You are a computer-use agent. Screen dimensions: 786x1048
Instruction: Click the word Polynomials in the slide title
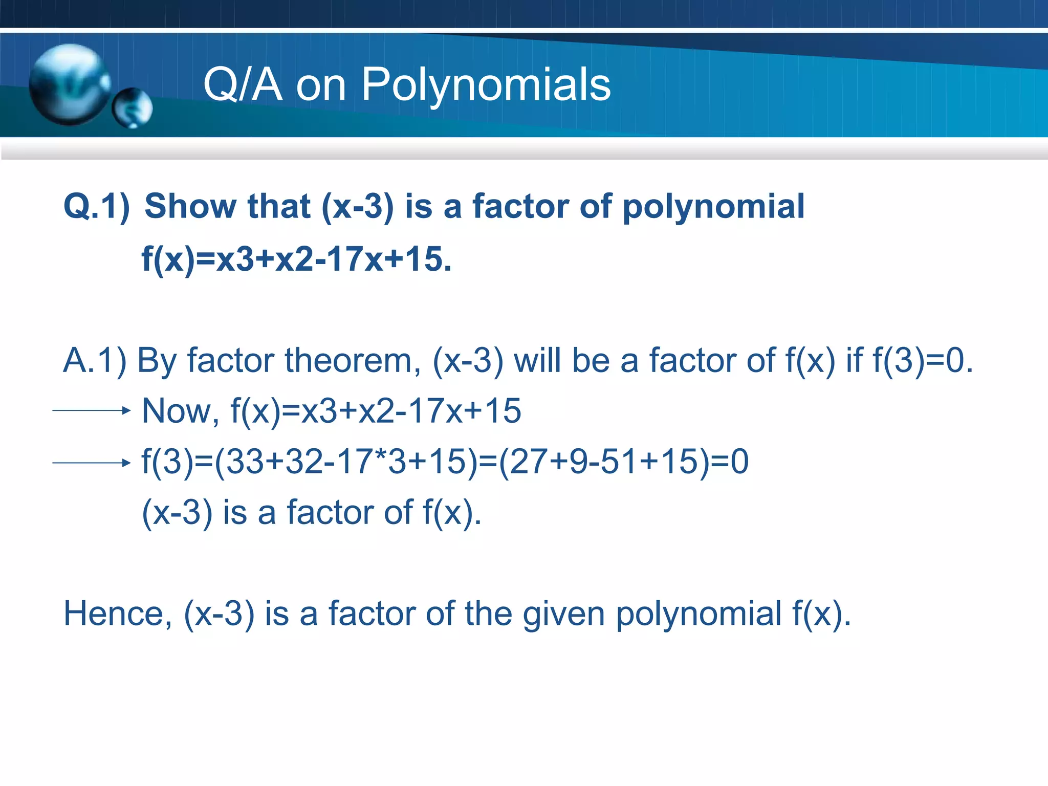486,85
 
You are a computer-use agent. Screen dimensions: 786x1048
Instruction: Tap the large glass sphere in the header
69,84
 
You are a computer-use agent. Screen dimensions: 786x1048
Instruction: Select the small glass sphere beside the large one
133,108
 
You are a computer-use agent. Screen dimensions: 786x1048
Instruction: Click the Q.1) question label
97,207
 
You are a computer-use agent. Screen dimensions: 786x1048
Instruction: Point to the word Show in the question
190,206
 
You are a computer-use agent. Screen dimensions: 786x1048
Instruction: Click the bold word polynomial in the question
713,207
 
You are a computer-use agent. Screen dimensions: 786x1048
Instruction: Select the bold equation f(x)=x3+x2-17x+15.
296,259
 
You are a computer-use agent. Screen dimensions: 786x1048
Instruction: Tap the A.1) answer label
95,361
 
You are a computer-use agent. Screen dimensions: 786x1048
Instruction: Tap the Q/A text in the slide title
243,85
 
